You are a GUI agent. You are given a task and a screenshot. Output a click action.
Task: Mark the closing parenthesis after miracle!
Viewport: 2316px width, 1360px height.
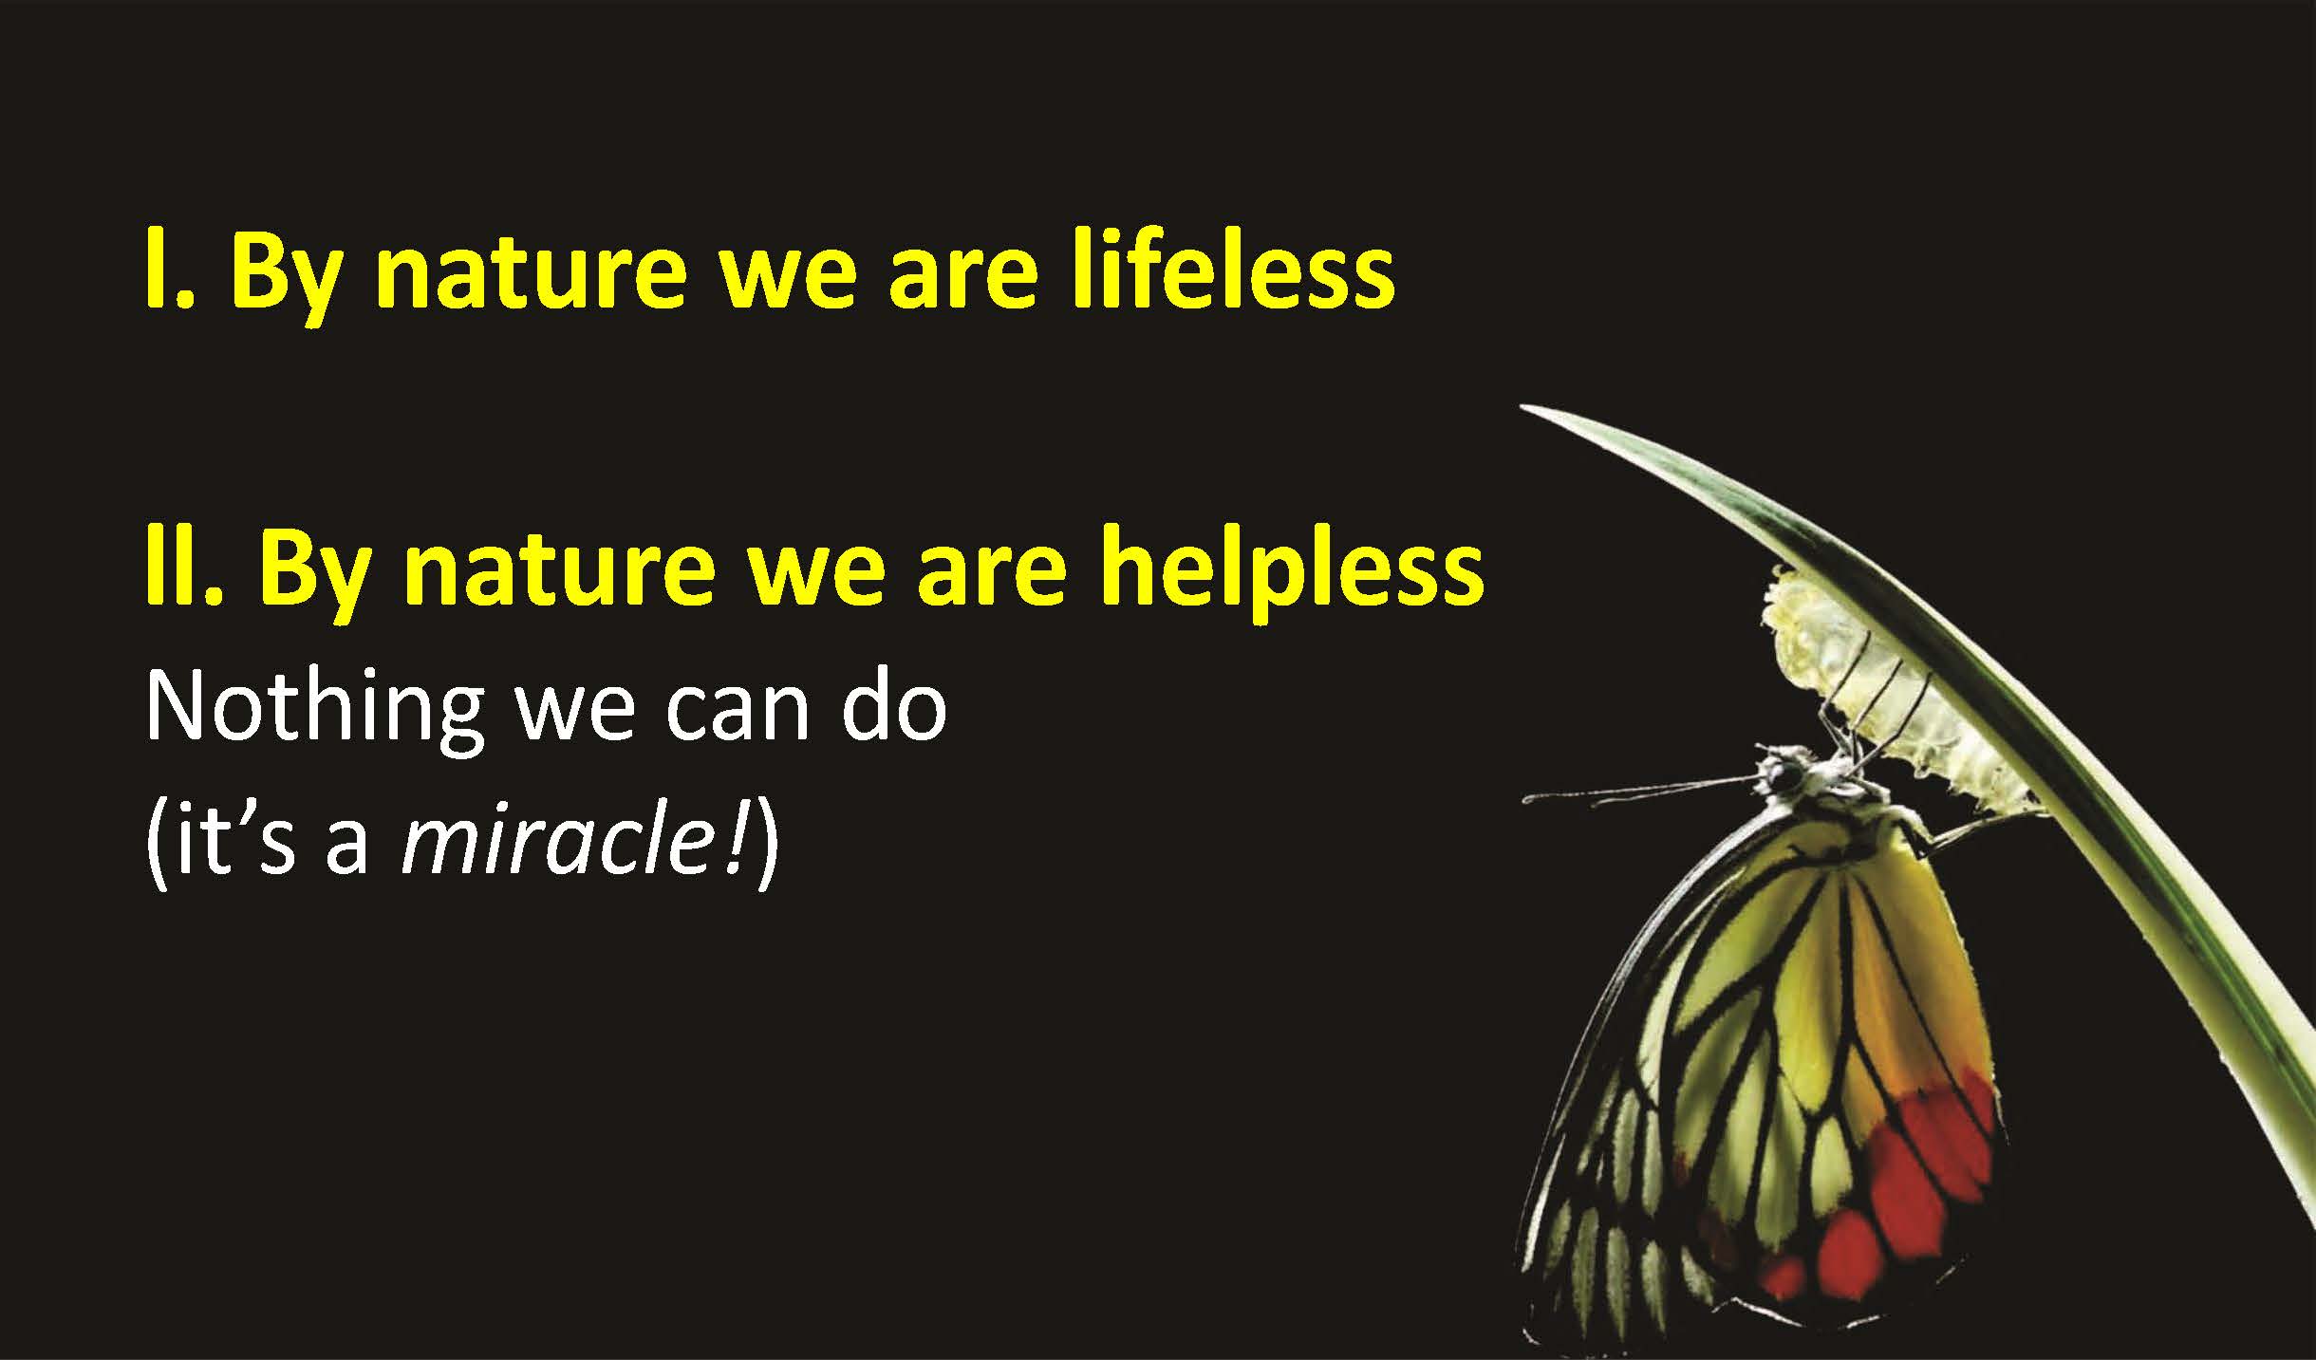point(767,845)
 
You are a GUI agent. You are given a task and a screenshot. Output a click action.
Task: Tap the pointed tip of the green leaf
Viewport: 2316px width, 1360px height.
point(1524,408)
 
